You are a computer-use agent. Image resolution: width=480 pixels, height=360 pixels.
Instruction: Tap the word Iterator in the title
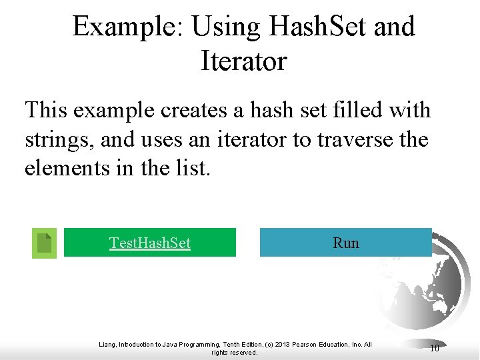click(x=243, y=62)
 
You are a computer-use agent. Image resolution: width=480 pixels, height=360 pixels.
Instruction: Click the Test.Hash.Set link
click(x=150, y=243)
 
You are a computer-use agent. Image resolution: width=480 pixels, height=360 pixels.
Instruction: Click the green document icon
click(x=44, y=243)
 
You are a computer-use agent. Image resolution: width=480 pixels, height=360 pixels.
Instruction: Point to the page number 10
click(x=434, y=347)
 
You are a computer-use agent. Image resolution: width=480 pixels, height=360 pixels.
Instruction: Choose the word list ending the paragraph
click(x=193, y=168)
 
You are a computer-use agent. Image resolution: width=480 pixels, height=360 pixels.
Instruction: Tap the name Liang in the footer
click(x=107, y=344)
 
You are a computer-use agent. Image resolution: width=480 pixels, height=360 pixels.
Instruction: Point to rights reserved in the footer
click(x=234, y=352)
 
